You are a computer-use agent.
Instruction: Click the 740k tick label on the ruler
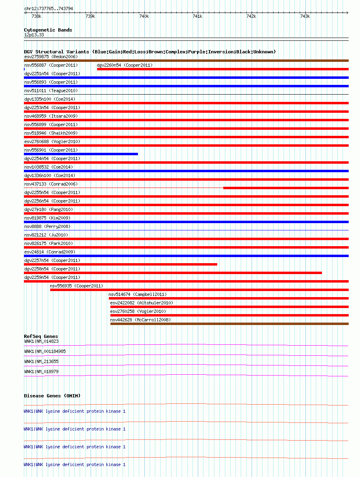pyautogui.click(x=144, y=16)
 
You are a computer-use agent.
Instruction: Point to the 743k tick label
pyautogui.click(x=305, y=16)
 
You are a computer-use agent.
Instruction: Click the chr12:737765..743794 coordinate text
pyautogui.click(x=49, y=8)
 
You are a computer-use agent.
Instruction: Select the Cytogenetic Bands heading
pyautogui.click(x=48, y=30)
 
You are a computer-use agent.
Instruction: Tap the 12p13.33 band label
pyautogui.click(x=34, y=35)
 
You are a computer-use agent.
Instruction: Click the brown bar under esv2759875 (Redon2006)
pyautogui.click(x=186, y=61)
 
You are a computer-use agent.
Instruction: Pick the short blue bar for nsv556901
pyautogui.click(x=81, y=154)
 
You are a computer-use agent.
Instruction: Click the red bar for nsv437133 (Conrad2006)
pyautogui.click(x=286, y=188)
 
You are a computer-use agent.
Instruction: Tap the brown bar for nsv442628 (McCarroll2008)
pyautogui.click(x=229, y=324)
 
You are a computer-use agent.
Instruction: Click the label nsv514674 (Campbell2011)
pyautogui.click(x=138, y=294)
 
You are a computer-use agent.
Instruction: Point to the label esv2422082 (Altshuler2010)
pyautogui.click(x=142, y=303)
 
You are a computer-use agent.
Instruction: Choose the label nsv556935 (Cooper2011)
pyautogui.click(x=76, y=286)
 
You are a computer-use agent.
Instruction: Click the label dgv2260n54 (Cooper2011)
pyautogui.click(x=125, y=65)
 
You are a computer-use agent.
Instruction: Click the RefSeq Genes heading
pyautogui.click(x=41, y=336)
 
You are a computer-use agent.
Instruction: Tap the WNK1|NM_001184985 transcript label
pyautogui.click(x=45, y=351)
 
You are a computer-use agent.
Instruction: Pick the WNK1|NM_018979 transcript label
pyautogui.click(x=41, y=371)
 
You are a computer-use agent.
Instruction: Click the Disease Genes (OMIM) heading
pyautogui.click(x=52, y=396)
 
